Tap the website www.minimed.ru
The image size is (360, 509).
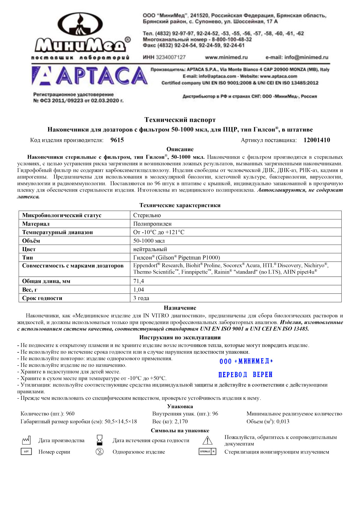pyautogui.click(x=226, y=57)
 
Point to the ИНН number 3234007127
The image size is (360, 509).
pyautogui.click(x=164, y=57)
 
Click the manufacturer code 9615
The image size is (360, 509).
pyautogui.click(x=117, y=140)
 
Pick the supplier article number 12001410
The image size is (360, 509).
pyautogui.click(x=317, y=140)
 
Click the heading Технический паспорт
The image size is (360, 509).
pyautogui.click(x=180, y=120)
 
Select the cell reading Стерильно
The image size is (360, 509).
pyautogui.click(x=147, y=215)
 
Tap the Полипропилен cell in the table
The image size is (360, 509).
pyautogui.click(x=152, y=224)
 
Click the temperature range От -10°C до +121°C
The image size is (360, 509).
pyautogui.click(x=159, y=232)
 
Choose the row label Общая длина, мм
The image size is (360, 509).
pyautogui.click(x=46, y=281)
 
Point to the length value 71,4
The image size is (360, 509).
pyautogui.click(x=139, y=281)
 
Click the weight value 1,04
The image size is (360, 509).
pyautogui.click(x=139, y=290)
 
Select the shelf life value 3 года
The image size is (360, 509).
pyautogui.click(x=141, y=298)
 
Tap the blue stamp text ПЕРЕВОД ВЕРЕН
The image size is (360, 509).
pyautogui.click(x=245, y=375)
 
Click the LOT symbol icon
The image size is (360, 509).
pyautogui.click(x=26, y=451)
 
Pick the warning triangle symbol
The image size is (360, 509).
pyautogui.click(x=207, y=440)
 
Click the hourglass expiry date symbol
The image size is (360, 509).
pyautogui.click(x=100, y=440)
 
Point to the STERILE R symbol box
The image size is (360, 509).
pyautogui.click(x=207, y=451)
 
